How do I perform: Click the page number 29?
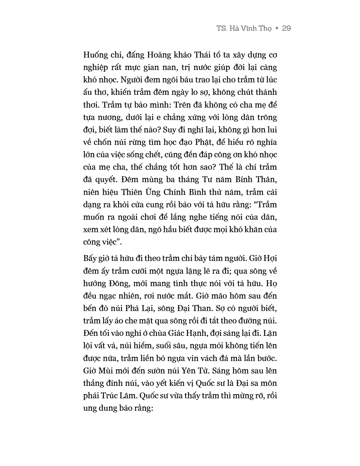[286, 28]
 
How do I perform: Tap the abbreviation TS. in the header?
[222, 28]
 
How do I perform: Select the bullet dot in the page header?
[277, 29]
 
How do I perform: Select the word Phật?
[224, 142]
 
